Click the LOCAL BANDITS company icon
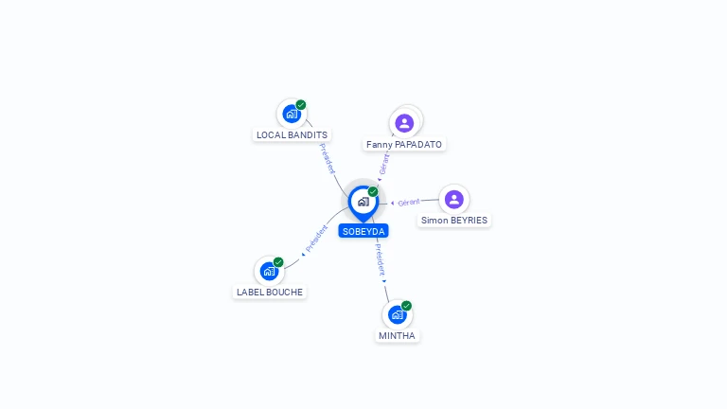coord(291,114)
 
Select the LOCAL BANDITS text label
coord(292,135)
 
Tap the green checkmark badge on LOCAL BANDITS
coord(301,105)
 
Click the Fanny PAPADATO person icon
coord(404,123)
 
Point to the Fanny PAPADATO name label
coord(404,145)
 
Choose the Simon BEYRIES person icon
coord(453,199)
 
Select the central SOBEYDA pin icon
coord(363,201)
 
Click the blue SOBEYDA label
coord(363,231)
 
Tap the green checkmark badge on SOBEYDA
coord(373,191)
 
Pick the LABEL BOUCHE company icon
coord(269,271)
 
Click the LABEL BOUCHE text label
coord(270,293)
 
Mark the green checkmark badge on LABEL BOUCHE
coord(278,262)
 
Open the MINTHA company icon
coord(397,314)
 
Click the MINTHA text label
coord(398,336)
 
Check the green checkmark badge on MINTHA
coord(406,306)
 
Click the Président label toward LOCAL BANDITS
coord(327,158)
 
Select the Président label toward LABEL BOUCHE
coord(316,240)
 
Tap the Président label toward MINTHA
coord(380,259)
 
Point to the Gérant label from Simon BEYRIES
coord(408,203)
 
